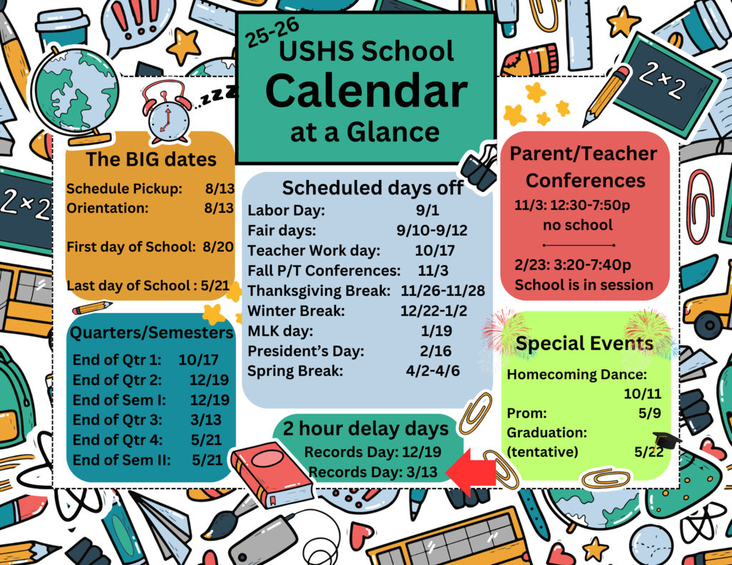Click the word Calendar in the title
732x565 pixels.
point(366,91)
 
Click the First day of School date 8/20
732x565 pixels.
point(218,247)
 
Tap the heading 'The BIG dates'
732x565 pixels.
point(151,159)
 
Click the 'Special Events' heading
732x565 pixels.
point(584,344)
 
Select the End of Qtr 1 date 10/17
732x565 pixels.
point(199,360)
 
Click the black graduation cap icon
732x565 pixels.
point(666,440)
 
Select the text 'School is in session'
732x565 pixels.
point(584,285)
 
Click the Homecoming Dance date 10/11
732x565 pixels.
point(642,394)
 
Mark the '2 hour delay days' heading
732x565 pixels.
point(365,429)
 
